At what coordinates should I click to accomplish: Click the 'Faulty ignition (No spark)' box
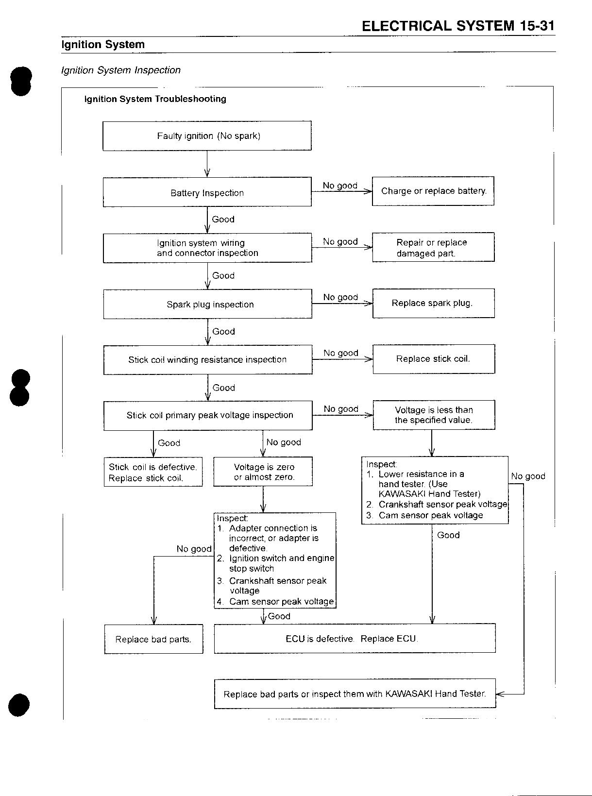[x=207, y=135]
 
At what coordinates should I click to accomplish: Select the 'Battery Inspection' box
[x=207, y=192]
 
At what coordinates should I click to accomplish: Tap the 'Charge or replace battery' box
[x=433, y=191]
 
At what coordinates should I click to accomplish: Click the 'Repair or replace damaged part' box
[x=433, y=247]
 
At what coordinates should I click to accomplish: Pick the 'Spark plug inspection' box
[x=207, y=304]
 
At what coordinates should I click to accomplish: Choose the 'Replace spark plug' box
[x=434, y=303]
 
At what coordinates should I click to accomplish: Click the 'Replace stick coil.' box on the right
[x=434, y=359]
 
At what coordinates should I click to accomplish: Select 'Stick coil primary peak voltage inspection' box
[x=208, y=416]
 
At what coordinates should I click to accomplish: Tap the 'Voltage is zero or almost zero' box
[x=263, y=472]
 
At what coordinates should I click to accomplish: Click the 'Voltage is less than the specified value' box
[x=434, y=415]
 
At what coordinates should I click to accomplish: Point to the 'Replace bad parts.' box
[x=153, y=639]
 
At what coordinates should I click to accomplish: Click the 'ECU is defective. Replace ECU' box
[x=355, y=639]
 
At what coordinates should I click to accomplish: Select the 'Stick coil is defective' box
[x=153, y=472]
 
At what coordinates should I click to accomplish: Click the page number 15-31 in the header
[x=537, y=26]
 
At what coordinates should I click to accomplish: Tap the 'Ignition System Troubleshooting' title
[x=155, y=99]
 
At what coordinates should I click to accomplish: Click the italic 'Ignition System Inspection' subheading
[x=121, y=70]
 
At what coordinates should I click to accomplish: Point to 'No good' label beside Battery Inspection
[x=340, y=186]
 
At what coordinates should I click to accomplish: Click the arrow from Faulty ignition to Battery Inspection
[x=207, y=164]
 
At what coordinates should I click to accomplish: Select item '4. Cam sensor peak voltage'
[x=275, y=601]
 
